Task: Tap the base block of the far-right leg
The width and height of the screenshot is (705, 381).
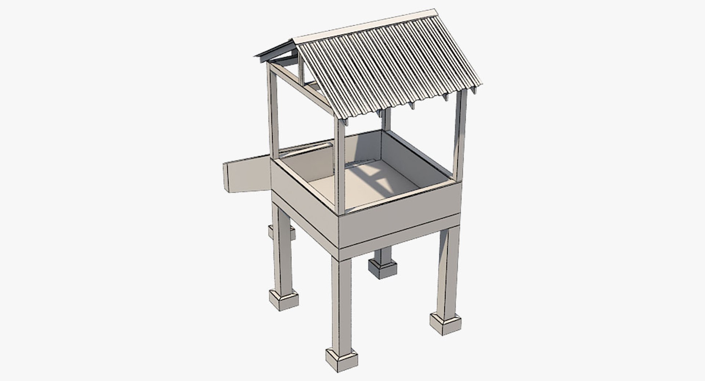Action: click(x=445, y=323)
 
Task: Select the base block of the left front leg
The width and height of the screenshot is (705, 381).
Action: click(x=283, y=299)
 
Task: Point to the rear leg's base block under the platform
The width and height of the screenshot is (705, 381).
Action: click(x=383, y=269)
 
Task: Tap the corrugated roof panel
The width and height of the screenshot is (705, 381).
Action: click(x=389, y=66)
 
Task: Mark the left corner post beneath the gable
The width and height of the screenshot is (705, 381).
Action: click(x=273, y=110)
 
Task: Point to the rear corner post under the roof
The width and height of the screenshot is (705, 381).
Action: click(x=386, y=119)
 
